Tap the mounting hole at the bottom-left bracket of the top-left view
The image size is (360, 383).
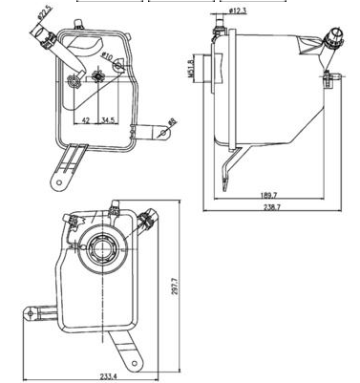pos(61,180)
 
